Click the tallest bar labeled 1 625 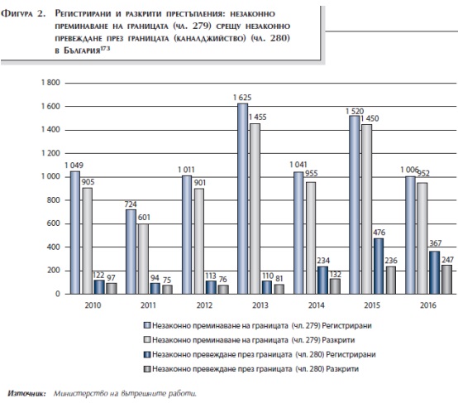pyautogui.click(x=243, y=199)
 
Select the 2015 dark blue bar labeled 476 pyautogui.click(x=379, y=266)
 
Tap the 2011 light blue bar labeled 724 pyautogui.click(x=131, y=252)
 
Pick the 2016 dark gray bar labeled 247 pyautogui.click(x=446, y=280)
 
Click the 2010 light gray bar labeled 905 pyautogui.click(x=87, y=241)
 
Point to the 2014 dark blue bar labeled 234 pyautogui.click(x=322, y=281)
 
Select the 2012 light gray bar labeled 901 pyautogui.click(x=199, y=241)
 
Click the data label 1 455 pyautogui.click(x=257, y=118)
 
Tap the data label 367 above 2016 pyautogui.click(x=435, y=243)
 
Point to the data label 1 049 pyautogui.click(x=74, y=166)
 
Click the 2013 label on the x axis pyautogui.click(x=260, y=305)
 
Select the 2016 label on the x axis pyautogui.click(x=428, y=305)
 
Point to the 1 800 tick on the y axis pyautogui.click(x=50, y=83)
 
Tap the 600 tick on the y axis pyautogui.click(x=54, y=223)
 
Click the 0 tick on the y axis pyautogui.click(x=58, y=294)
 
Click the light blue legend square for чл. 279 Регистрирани pyautogui.click(x=147, y=325)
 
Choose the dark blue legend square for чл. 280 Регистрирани pyautogui.click(x=147, y=354)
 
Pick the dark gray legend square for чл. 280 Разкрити pyautogui.click(x=147, y=369)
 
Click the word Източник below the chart pyautogui.click(x=26, y=393)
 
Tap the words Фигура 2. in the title pyautogui.click(x=23, y=14)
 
